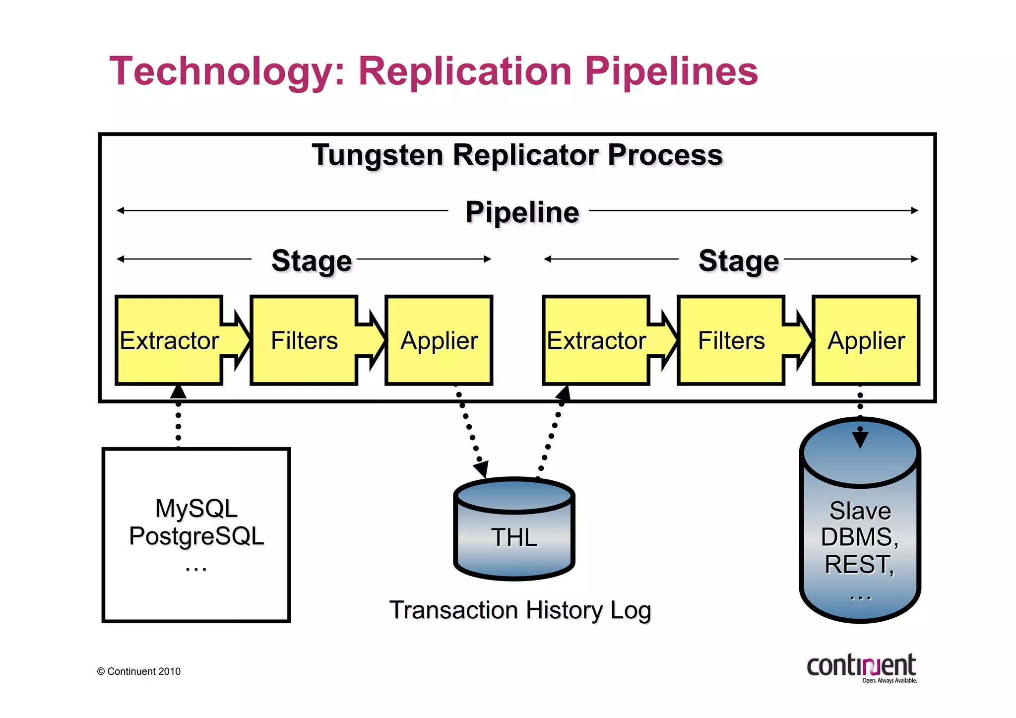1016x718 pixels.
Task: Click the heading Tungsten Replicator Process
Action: click(517, 155)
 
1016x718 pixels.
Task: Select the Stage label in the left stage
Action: click(312, 261)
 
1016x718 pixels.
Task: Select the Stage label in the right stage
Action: click(738, 261)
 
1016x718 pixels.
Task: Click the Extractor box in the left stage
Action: click(169, 340)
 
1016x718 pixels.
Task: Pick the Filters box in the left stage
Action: click(304, 340)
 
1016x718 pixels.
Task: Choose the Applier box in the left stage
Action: click(439, 340)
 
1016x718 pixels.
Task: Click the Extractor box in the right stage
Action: click(596, 340)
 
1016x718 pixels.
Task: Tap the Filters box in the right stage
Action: click(731, 340)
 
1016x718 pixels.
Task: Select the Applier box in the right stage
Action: click(866, 340)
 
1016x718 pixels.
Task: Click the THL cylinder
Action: click(514, 536)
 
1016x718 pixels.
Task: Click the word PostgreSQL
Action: click(196, 536)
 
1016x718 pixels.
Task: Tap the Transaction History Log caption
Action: click(520, 610)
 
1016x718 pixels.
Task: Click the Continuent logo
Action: click(862, 667)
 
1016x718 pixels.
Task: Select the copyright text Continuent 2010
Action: click(139, 671)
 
